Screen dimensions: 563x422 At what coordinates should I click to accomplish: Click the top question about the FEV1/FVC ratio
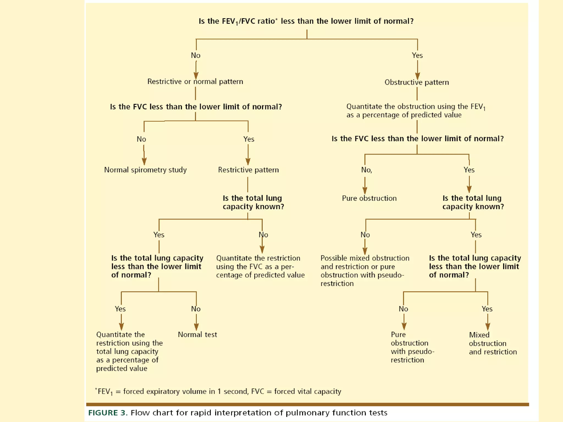pos(306,21)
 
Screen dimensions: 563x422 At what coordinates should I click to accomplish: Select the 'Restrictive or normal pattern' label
pos(195,82)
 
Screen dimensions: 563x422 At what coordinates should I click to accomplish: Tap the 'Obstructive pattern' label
pos(416,82)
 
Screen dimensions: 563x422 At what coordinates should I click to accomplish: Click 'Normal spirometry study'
pos(145,170)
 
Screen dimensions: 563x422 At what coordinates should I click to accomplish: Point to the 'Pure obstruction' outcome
pos(369,198)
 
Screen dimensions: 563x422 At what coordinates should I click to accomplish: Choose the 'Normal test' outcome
pos(197,335)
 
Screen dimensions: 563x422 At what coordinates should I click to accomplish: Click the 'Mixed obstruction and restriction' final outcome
pos(493,343)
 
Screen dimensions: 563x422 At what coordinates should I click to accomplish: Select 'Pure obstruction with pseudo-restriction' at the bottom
pos(412,347)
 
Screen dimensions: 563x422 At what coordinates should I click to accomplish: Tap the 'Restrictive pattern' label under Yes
pos(248,170)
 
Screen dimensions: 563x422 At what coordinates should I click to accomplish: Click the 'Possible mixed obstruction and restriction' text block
pos(365,271)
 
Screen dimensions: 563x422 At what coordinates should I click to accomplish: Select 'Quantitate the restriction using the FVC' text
pos(260,266)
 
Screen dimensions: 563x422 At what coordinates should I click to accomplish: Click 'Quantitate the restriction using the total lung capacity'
pos(129,351)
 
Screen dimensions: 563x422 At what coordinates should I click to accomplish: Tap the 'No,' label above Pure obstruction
pos(366,170)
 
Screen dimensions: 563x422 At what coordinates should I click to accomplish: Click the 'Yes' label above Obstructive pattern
pos(417,55)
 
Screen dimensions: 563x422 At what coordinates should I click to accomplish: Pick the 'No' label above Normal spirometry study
pos(141,139)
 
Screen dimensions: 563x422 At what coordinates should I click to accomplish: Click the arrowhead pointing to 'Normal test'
pos(196,326)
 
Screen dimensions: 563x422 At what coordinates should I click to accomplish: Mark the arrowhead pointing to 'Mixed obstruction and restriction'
pos(488,326)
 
